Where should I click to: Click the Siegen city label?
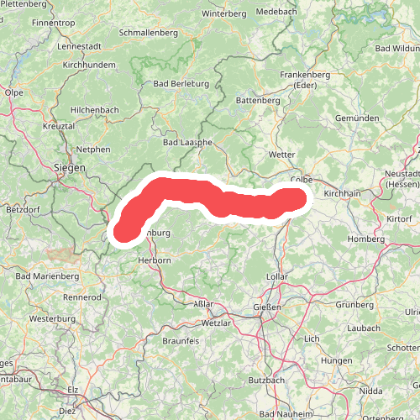(x=70, y=167)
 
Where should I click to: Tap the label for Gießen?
(x=268, y=308)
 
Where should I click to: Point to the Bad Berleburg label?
(x=181, y=84)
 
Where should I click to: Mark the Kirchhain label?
(x=342, y=193)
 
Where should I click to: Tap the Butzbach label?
(x=267, y=380)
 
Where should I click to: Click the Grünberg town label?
(x=354, y=304)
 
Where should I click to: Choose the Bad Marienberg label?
(x=46, y=276)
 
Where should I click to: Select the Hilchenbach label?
(x=95, y=110)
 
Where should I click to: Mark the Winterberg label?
(x=224, y=13)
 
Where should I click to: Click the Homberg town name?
(x=365, y=239)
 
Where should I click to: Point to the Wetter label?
(x=281, y=155)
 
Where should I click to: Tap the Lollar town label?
(x=277, y=276)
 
